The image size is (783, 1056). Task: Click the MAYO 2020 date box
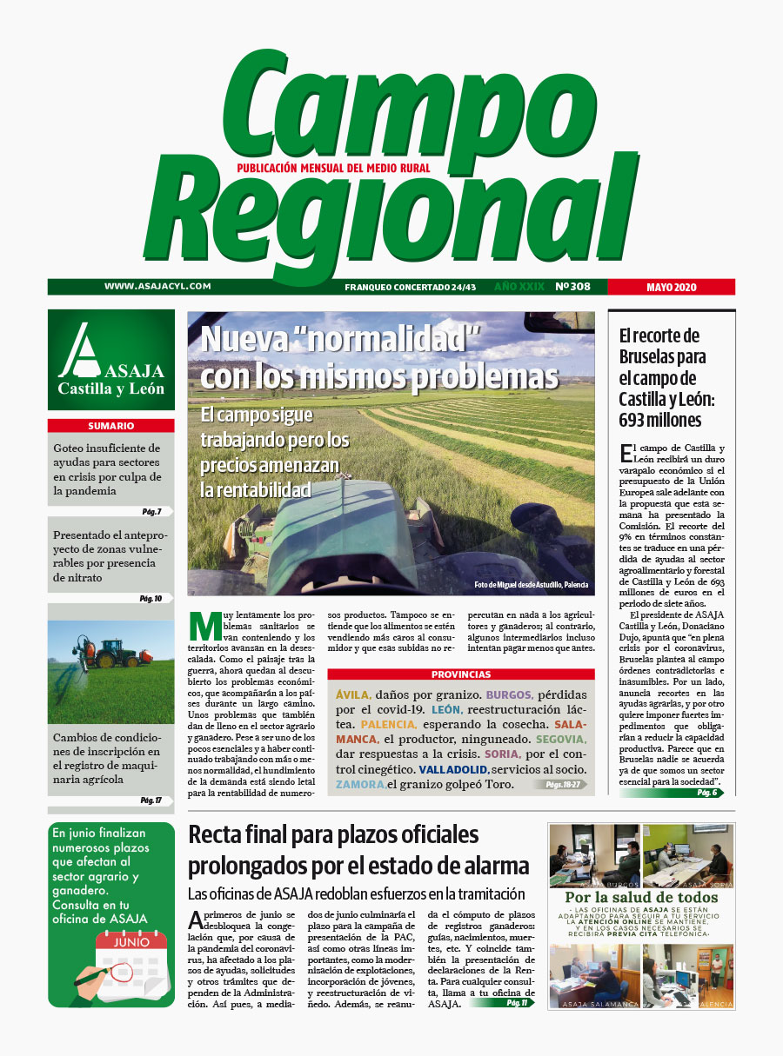(672, 287)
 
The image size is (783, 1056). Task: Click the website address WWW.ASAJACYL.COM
(158, 286)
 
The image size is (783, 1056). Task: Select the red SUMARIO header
(110, 426)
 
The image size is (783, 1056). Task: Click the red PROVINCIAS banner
(461, 674)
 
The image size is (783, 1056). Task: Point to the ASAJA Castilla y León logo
(110, 360)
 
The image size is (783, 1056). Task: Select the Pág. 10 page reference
(151, 599)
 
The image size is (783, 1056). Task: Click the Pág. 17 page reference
(151, 800)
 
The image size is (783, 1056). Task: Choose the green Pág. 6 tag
(706, 793)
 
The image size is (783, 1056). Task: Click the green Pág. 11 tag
(517, 1003)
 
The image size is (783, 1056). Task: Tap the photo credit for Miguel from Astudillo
(531, 585)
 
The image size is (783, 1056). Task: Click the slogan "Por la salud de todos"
(641, 898)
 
